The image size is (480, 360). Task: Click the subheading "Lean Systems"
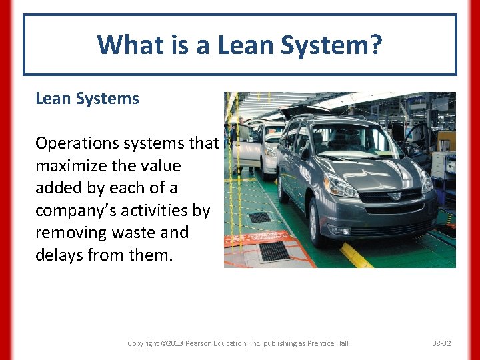87,99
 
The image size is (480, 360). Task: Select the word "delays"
59,255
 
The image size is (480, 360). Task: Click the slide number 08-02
441,343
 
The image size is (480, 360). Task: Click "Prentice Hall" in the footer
325,343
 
